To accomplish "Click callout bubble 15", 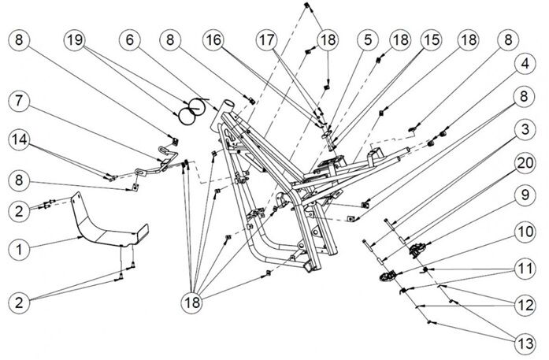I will click(430, 39).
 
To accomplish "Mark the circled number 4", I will click(522, 84).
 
